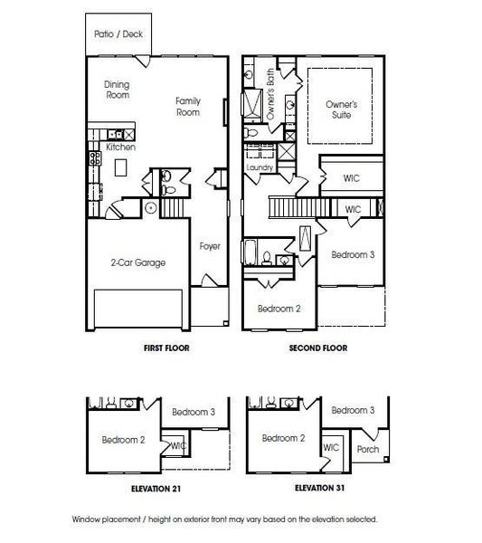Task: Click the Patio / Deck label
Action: pyautogui.click(x=118, y=34)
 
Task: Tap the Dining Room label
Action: pyautogui.click(x=117, y=90)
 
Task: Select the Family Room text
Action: pyautogui.click(x=188, y=106)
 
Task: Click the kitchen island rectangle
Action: pyautogui.click(x=120, y=167)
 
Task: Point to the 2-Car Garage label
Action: pyautogui.click(x=138, y=262)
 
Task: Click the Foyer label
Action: pyautogui.click(x=210, y=246)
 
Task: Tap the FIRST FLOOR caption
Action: pyautogui.click(x=166, y=348)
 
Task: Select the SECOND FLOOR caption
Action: pyautogui.click(x=318, y=348)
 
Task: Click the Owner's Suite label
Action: pyautogui.click(x=341, y=110)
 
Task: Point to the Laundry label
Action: pyautogui.click(x=260, y=167)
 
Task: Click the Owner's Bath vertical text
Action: pyautogui.click(x=270, y=94)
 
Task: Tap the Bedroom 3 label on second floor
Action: pyautogui.click(x=353, y=255)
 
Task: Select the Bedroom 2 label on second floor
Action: pyautogui.click(x=279, y=309)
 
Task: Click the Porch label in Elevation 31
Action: pyautogui.click(x=368, y=449)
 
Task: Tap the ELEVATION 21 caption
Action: pyautogui.click(x=156, y=489)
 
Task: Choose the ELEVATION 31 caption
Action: pyautogui.click(x=319, y=488)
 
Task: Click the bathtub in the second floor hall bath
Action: pyautogui.click(x=250, y=252)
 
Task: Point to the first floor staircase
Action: pyautogui.click(x=173, y=206)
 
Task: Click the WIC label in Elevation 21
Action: pyautogui.click(x=178, y=445)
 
